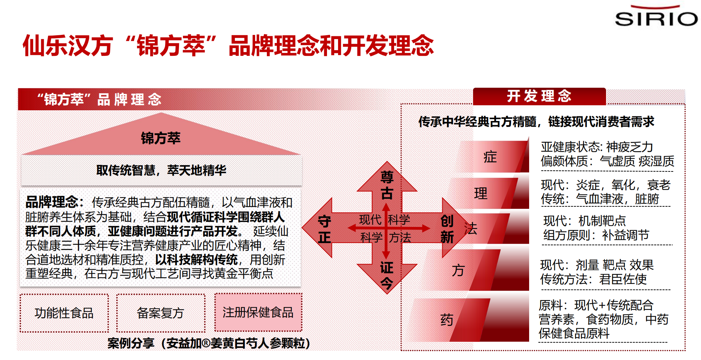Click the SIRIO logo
[x=656, y=16]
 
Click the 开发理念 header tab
[x=539, y=96]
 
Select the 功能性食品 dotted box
[x=64, y=313]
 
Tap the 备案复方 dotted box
[x=160, y=313]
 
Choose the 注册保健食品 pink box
[x=258, y=312]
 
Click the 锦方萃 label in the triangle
[x=161, y=138]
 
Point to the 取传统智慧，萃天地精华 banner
[x=161, y=170]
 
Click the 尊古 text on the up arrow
[x=387, y=185]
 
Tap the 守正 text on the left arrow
[x=324, y=229]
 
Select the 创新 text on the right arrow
[x=447, y=229]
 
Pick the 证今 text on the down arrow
[x=387, y=276]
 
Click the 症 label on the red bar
[x=490, y=157]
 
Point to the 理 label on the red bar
[x=481, y=194]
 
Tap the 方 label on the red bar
[x=458, y=270]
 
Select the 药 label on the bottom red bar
[x=447, y=320]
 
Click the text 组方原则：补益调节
[x=596, y=235]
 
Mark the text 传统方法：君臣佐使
[x=594, y=279]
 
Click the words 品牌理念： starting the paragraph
[x=55, y=202]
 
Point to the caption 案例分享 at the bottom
[x=131, y=343]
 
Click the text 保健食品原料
[x=574, y=333]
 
